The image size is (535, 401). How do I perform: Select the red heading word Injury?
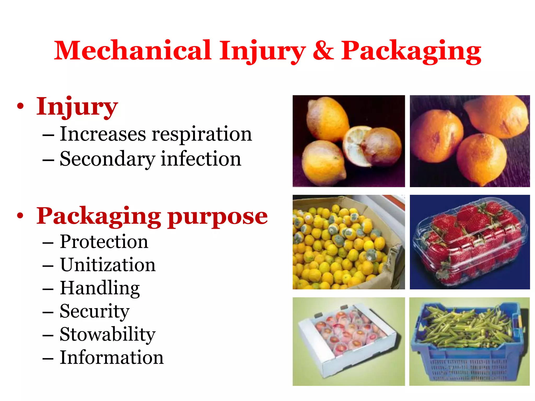(77, 107)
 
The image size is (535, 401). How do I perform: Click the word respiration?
(202, 134)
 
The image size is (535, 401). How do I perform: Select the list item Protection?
(104, 241)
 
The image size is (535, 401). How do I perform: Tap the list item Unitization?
(108, 265)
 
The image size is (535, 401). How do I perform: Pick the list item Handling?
(100, 288)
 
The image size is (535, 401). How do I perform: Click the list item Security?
(95, 311)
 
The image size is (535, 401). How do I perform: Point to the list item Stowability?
(108, 334)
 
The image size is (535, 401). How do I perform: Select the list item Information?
(112, 357)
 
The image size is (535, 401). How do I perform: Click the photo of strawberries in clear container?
(469, 242)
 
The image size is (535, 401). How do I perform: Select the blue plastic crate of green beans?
(469, 341)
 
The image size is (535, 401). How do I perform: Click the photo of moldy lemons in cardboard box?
(348, 242)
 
